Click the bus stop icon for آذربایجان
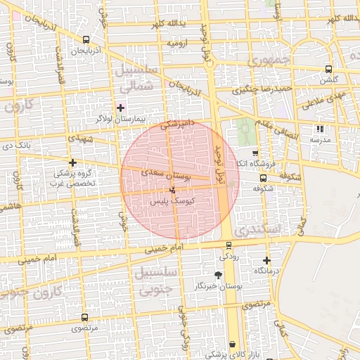tap(86, 40)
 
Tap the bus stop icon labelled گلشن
tap(328, 69)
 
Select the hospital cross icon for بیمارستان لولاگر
tap(120, 108)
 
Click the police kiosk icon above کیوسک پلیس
tap(173, 191)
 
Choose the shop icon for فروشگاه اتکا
tap(255, 153)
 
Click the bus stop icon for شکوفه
tap(263, 179)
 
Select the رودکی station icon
tap(229, 245)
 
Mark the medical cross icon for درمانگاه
tap(266, 260)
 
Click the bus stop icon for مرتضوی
tap(85, 318)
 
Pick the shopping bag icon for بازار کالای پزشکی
tap(232, 345)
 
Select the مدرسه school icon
tap(320, 129)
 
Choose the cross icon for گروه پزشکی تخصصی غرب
tap(72, 162)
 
